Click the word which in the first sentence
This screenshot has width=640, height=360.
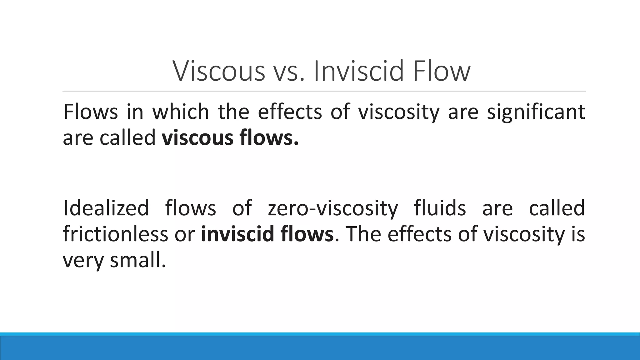(x=181, y=112)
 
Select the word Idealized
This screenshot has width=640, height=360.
(x=106, y=208)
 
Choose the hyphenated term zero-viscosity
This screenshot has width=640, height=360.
(x=333, y=209)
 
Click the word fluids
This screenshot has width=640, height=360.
(x=440, y=208)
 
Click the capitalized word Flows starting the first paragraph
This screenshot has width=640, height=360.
(x=91, y=112)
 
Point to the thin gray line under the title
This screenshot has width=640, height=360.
(x=324, y=92)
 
